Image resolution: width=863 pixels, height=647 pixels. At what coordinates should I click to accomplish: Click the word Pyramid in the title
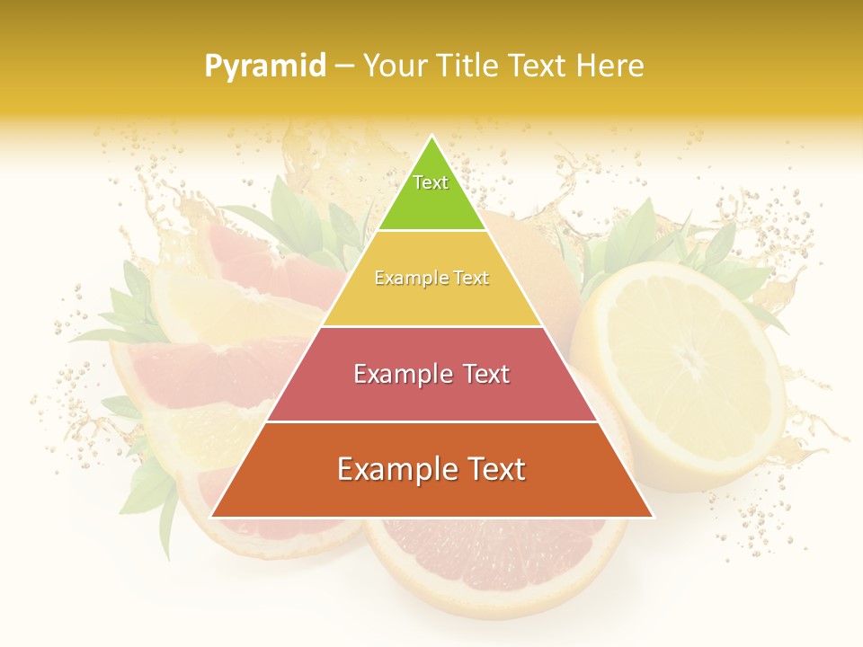point(264,66)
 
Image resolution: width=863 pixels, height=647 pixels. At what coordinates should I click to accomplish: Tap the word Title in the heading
point(467,66)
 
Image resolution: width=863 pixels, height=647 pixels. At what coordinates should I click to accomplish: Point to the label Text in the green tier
point(431,182)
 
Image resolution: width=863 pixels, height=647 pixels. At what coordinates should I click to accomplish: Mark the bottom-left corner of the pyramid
point(212,517)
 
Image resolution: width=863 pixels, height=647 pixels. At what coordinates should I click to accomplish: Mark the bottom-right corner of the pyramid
point(652,517)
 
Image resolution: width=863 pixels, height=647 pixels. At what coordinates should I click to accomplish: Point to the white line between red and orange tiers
point(431,421)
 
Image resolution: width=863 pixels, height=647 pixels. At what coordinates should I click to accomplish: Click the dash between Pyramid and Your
point(344,66)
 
